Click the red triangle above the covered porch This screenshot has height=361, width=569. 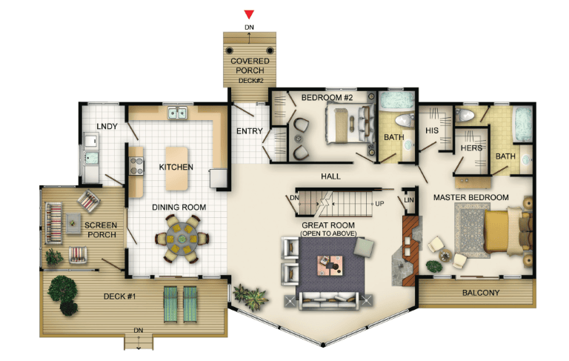249,15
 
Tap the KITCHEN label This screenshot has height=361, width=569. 176,167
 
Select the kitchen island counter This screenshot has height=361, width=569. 177,168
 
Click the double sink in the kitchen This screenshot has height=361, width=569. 178,113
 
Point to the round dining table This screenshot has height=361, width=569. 182,239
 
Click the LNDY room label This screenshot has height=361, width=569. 107,126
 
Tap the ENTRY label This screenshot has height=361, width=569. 249,131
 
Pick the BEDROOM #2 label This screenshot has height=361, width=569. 327,98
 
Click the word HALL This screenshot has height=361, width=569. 330,176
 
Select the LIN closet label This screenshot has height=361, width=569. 409,200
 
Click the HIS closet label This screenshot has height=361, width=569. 432,130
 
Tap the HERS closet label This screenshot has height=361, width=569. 471,148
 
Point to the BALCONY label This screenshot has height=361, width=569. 481,293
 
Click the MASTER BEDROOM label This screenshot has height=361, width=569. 471,198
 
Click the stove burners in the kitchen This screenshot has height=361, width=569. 136,166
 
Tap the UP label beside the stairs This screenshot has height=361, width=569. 379,204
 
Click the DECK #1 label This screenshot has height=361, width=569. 119,297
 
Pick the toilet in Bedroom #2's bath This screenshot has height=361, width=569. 404,120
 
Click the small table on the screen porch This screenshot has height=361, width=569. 73,223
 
